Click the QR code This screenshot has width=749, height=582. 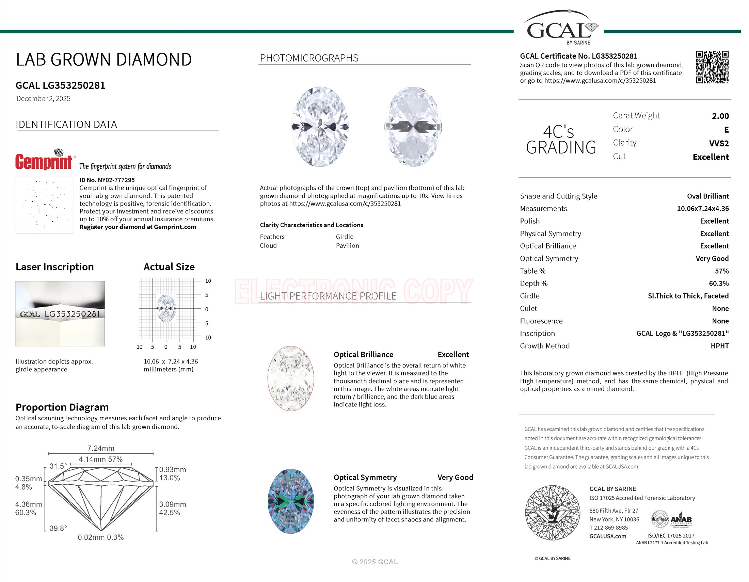click(x=712, y=67)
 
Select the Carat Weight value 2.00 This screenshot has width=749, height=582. click(x=720, y=116)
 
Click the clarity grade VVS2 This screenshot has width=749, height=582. click(x=719, y=143)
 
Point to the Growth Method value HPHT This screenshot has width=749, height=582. click(x=719, y=346)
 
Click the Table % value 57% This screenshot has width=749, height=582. click(x=721, y=271)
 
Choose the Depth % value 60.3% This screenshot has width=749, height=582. click(x=719, y=284)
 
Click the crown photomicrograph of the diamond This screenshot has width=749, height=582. click(x=320, y=127)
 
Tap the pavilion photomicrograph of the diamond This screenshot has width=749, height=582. click(x=413, y=127)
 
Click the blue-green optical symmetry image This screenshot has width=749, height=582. click(x=290, y=501)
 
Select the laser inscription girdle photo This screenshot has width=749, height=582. click(x=60, y=313)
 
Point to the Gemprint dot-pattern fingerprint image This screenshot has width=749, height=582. click(x=44, y=205)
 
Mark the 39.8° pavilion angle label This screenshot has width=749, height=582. click(x=58, y=528)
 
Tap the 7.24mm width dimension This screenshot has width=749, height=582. click(x=100, y=448)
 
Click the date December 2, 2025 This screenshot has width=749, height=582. click(x=43, y=99)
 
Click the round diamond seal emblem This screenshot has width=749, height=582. click(x=553, y=513)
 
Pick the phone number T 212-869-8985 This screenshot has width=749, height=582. click(x=608, y=528)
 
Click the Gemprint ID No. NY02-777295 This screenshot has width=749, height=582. click(x=107, y=180)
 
